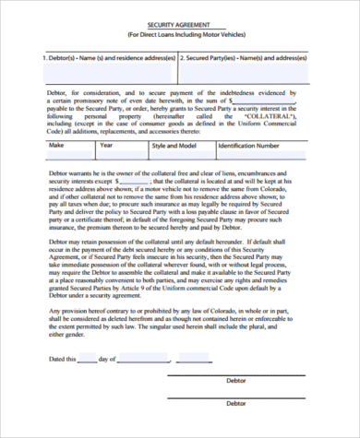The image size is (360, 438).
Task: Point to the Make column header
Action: [56, 145]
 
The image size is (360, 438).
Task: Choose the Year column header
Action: [106, 145]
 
